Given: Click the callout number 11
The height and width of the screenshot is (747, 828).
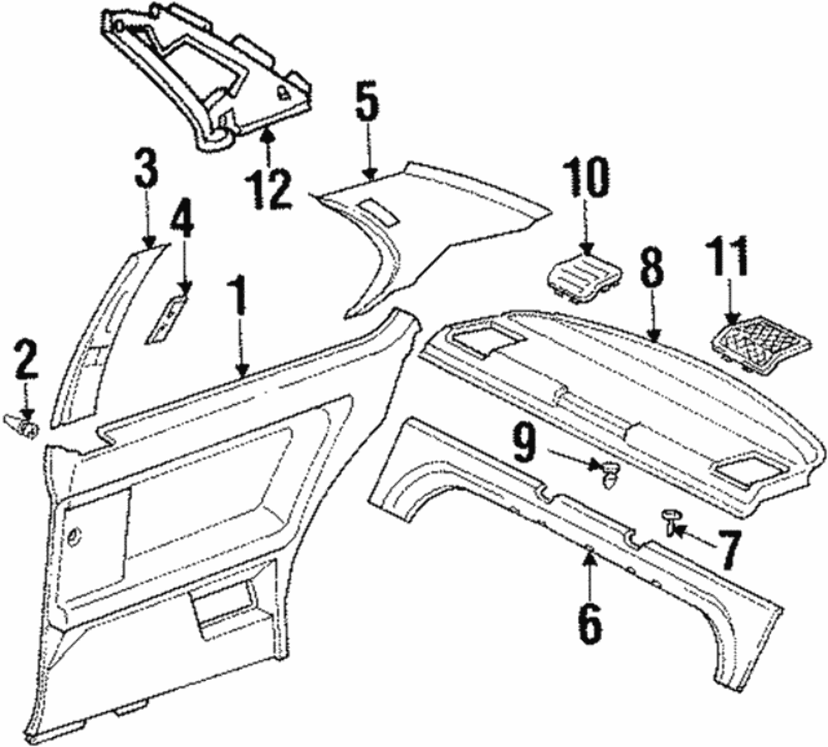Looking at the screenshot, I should (x=729, y=258).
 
